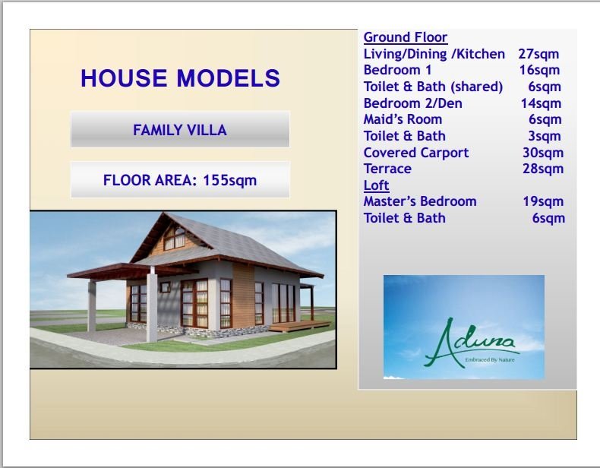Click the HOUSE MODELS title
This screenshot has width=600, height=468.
(180, 78)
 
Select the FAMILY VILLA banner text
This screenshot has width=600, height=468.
(180, 130)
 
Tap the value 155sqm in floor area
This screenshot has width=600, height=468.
(229, 180)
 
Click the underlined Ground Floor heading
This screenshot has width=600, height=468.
(406, 37)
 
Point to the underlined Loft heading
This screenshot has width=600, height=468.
(376, 185)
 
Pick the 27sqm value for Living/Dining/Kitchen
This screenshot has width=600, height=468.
(538, 54)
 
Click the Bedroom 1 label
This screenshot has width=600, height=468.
(397, 70)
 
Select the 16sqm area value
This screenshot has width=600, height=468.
(539, 70)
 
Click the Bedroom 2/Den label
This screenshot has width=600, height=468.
(413, 103)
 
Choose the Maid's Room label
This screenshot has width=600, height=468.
(403, 119)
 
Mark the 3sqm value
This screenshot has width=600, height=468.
(545, 136)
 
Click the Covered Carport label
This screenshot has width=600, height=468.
(416, 153)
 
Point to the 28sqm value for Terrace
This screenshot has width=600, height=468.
(543, 169)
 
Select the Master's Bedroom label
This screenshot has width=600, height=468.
(420, 201)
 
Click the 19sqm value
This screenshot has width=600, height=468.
(543, 201)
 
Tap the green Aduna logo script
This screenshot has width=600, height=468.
(470, 342)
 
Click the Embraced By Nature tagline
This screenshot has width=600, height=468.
(490, 359)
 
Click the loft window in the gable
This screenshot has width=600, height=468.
(175, 239)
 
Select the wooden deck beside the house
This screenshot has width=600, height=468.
(300, 326)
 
